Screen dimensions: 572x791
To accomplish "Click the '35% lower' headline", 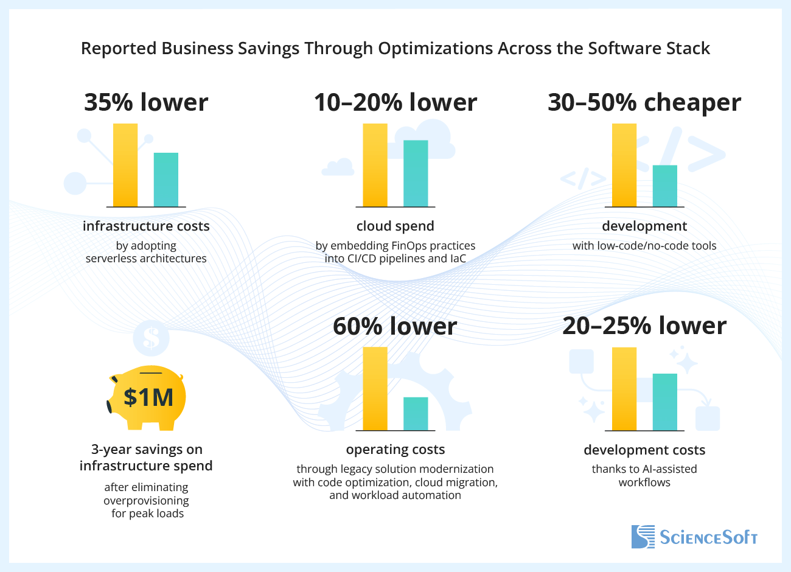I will (x=146, y=102).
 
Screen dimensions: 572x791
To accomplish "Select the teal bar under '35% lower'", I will (x=166, y=180).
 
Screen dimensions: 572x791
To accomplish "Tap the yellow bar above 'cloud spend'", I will (x=375, y=165).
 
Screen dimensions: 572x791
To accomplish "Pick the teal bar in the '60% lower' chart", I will (x=416, y=414).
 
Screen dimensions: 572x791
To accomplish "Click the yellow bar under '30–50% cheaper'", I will (x=624, y=165).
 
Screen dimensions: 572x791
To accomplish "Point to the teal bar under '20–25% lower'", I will (x=665, y=402).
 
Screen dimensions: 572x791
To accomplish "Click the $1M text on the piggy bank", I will (x=148, y=397).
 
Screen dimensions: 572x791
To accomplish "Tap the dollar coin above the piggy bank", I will (x=151, y=338).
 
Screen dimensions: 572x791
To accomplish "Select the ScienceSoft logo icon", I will (x=643, y=537).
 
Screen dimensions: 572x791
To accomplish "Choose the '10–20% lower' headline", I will (x=395, y=102).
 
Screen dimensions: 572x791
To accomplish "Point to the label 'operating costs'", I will (x=395, y=450).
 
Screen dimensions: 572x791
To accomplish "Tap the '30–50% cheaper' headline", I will (x=644, y=102).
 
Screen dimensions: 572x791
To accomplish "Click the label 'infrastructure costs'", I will (x=146, y=226).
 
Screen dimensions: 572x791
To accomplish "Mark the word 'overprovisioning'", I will (x=146, y=501).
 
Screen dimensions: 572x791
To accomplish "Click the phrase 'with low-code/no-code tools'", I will (x=644, y=246).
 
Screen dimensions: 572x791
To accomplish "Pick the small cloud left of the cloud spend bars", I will (x=338, y=167).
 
